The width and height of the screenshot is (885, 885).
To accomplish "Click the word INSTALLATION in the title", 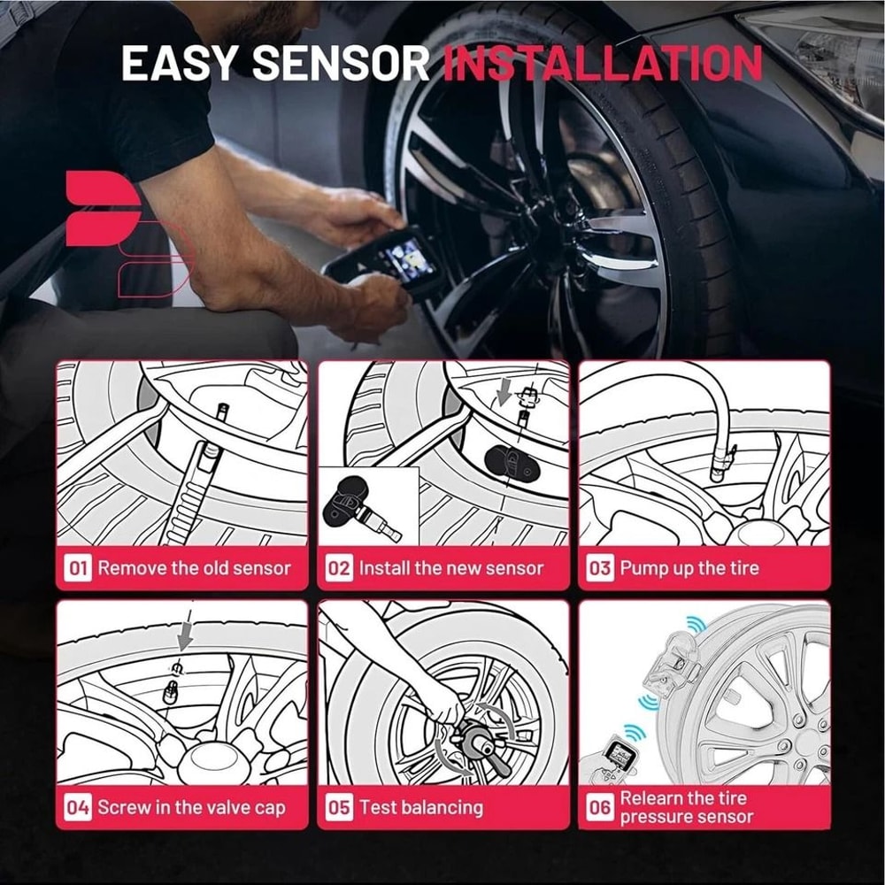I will (603, 63).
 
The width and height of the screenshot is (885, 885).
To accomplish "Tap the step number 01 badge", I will (78, 568).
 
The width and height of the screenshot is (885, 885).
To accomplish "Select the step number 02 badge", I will (339, 568).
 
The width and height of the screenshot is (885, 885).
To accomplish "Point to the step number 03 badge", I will (600, 568).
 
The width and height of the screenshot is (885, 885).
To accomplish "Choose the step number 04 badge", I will (78, 807).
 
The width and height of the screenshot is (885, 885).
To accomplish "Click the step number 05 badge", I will (339, 807).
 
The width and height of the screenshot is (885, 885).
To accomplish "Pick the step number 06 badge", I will (600, 807).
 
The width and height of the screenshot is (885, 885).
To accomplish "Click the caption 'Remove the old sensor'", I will (194, 568).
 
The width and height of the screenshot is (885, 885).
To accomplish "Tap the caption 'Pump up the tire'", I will (689, 568).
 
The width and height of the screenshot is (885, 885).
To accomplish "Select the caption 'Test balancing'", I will (420, 807).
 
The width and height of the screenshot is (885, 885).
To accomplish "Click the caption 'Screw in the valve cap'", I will (191, 807).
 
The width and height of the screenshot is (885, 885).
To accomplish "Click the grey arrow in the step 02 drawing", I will (504, 389).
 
